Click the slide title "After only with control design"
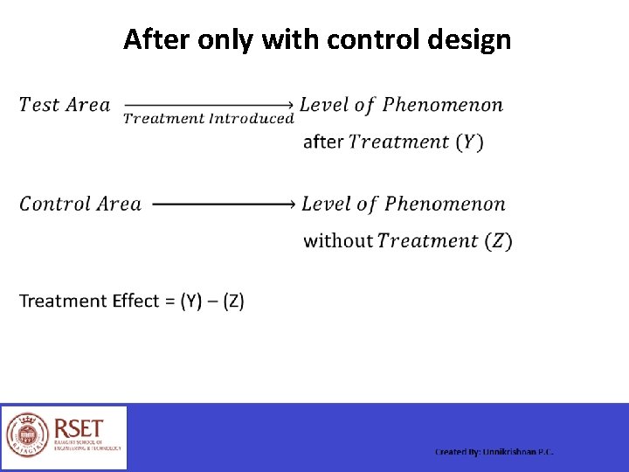(316, 39)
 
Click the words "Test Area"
(65, 106)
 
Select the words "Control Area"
(80, 205)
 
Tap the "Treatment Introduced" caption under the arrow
(208, 119)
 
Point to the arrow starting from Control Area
(224, 205)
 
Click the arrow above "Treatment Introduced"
(208, 105)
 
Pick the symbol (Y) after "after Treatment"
(469, 142)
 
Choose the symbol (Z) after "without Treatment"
(499, 240)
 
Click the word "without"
(337, 240)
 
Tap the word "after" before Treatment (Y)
(322, 142)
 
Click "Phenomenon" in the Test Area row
(443, 106)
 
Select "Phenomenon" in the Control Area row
(445, 205)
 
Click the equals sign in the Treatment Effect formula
(169, 302)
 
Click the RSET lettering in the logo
(79, 429)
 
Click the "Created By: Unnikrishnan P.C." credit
(494, 452)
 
